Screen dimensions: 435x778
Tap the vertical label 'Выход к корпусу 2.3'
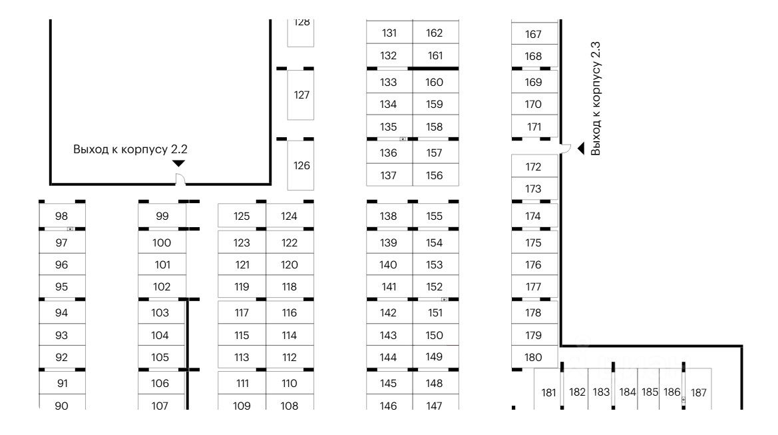pyautogui.click(x=596, y=99)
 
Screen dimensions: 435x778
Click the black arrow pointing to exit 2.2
pyautogui.click(x=178, y=164)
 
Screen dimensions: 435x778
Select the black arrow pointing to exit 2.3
pyautogui.click(x=580, y=148)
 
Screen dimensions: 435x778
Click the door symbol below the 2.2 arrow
pyautogui.click(x=180, y=178)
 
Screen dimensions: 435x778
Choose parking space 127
pyautogui.click(x=301, y=95)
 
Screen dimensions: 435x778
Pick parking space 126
pyautogui.click(x=301, y=165)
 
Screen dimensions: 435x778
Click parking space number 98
pyautogui.click(x=62, y=216)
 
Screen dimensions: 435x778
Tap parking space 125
pyautogui.click(x=242, y=216)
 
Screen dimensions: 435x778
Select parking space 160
pyautogui.click(x=435, y=83)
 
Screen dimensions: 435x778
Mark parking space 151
pyautogui.click(x=435, y=313)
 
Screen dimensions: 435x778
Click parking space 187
pyautogui.click(x=698, y=392)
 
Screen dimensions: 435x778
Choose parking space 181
pyautogui.click(x=548, y=392)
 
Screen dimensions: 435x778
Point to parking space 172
pyautogui.click(x=534, y=167)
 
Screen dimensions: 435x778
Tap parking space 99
pyautogui.click(x=162, y=216)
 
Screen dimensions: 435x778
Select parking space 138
pyautogui.click(x=389, y=216)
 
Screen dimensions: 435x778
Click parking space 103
pyautogui.click(x=160, y=313)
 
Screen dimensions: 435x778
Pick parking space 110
pyautogui.click(x=289, y=384)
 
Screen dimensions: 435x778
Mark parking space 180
pyautogui.click(x=534, y=357)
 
